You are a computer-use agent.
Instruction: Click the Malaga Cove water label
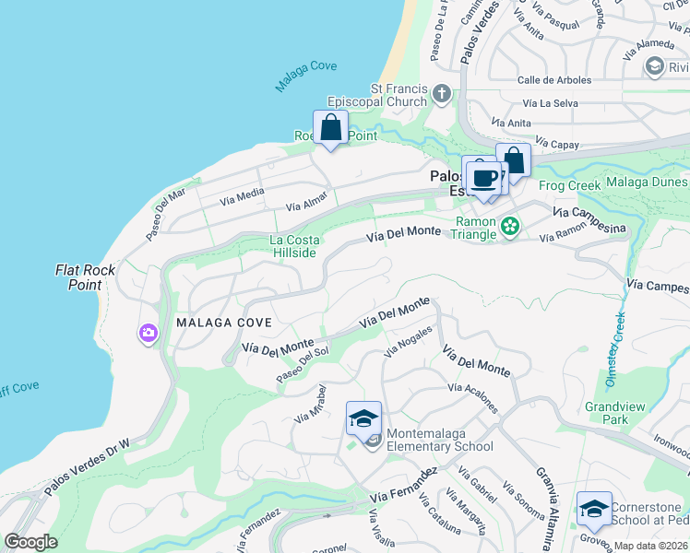pos(305,77)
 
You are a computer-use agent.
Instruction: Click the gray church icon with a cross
pos(442,93)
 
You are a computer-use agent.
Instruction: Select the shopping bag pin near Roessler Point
pos(330,128)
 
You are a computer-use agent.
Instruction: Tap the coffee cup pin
pos(483,177)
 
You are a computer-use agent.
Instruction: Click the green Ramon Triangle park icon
pos(509,225)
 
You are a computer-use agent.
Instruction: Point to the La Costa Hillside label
pos(292,246)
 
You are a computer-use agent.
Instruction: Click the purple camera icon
pos(148,334)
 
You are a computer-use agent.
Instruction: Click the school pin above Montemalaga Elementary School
pos(363,418)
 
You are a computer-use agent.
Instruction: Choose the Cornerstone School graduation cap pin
pos(593,508)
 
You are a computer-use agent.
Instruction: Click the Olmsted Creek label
pos(615,346)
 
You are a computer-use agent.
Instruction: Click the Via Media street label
pos(242,194)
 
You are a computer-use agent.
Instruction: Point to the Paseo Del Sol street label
pos(303,366)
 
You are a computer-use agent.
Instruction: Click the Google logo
pos(31,542)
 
